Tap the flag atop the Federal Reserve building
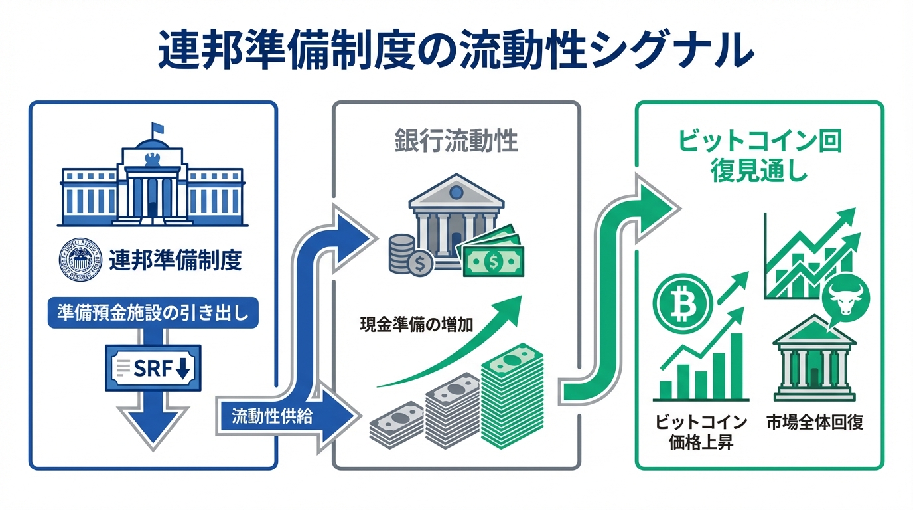tap(157, 129)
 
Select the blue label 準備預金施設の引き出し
tap(153, 312)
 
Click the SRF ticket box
tap(153, 367)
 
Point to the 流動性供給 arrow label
tap(272, 417)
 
